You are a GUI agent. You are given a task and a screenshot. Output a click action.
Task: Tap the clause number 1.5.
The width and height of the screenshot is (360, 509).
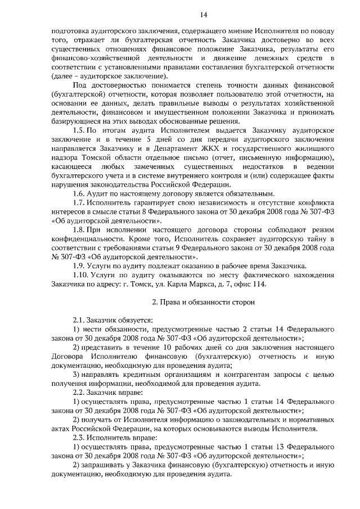(79, 130)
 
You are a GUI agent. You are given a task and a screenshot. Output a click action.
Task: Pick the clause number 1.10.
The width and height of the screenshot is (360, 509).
(81, 275)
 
